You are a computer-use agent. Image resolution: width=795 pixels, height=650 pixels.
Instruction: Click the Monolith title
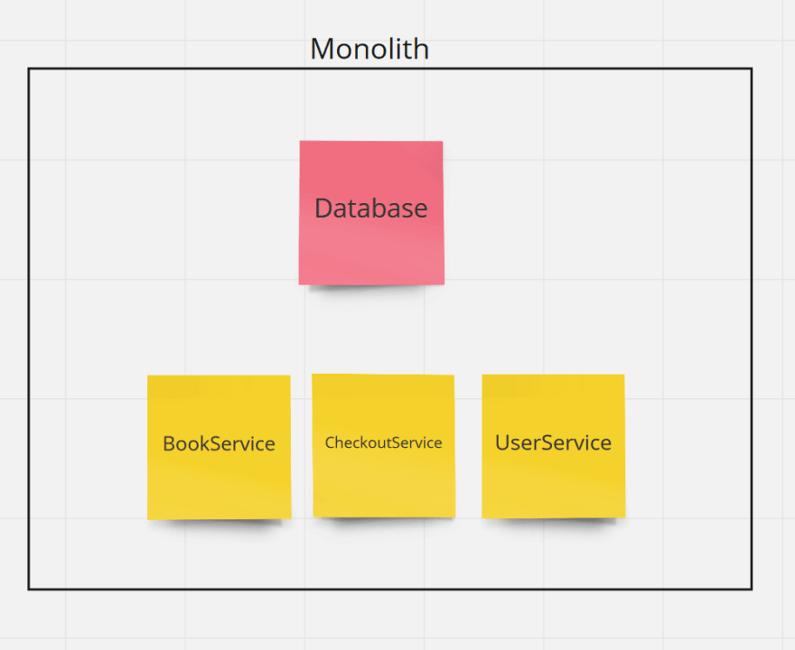pyautogui.click(x=369, y=49)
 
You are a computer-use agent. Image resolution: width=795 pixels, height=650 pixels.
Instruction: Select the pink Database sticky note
pyautogui.click(x=371, y=213)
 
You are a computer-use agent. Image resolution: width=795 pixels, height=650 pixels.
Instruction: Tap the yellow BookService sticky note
pyautogui.click(x=219, y=448)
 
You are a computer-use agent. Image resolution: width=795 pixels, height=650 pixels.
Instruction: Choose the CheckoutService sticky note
pyautogui.click(x=383, y=446)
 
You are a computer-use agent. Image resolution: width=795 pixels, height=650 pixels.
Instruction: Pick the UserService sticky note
pyautogui.click(x=553, y=446)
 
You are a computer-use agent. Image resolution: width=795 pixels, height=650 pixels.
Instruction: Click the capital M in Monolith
pyautogui.click(x=322, y=50)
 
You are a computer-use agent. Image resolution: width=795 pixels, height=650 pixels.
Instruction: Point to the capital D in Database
pyautogui.click(x=323, y=209)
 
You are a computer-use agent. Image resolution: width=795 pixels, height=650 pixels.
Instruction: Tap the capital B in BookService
pyautogui.click(x=168, y=444)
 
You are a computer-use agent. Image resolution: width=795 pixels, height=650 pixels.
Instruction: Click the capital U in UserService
pyautogui.click(x=502, y=442)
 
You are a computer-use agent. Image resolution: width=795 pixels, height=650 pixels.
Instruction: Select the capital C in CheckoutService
pyautogui.click(x=330, y=442)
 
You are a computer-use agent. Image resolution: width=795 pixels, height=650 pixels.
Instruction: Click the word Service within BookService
pyautogui.click(x=242, y=444)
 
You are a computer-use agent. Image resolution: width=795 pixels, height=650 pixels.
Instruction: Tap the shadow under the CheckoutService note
pyautogui.click(x=383, y=521)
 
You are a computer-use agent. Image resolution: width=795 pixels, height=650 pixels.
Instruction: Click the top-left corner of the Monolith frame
pyautogui.click(x=29, y=69)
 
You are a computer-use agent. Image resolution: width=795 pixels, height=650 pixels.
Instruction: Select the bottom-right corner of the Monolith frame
pyautogui.click(x=752, y=590)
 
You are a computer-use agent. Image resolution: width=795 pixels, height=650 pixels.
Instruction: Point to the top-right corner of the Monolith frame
pyautogui.click(x=752, y=69)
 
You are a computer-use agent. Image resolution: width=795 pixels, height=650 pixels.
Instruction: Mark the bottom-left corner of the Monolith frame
pyautogui.click(x=29, y=590)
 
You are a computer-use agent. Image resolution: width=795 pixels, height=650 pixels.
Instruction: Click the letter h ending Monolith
pyautogui.click(x=423, y=49)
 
